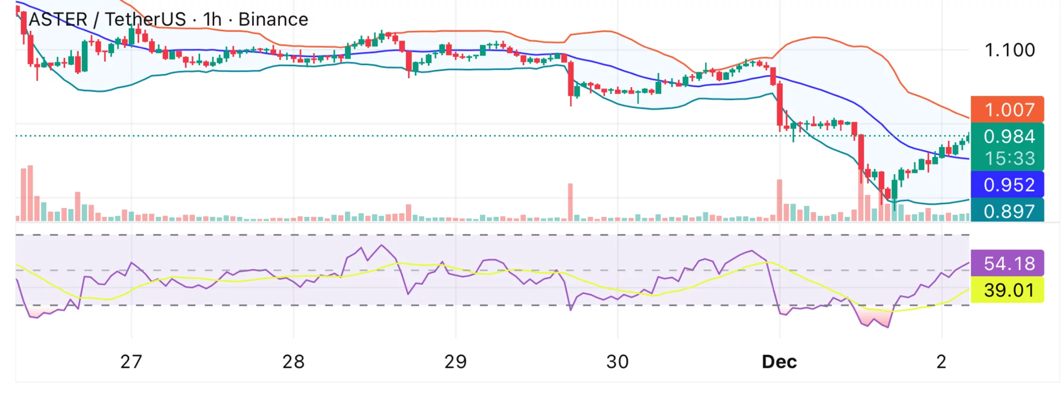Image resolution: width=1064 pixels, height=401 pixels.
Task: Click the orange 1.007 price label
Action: point(1009,110)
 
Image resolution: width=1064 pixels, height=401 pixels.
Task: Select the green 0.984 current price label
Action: point(1009,136)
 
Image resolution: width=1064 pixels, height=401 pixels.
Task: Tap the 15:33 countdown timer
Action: point(1009,158)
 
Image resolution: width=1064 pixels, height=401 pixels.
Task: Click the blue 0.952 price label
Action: point(1009,185)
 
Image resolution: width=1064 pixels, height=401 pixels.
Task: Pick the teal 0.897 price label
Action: point(1009,211)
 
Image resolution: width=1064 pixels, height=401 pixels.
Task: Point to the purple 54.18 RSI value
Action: point(1009,263)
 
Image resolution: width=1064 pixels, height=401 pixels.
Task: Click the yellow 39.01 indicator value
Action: point(1009,290)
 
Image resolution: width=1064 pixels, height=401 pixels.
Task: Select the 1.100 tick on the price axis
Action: point(1010,50)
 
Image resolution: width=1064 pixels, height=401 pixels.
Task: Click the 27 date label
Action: point(131,362)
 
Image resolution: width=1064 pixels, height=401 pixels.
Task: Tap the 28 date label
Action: point(293,362)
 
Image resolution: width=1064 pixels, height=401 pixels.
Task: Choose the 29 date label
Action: point(455,362)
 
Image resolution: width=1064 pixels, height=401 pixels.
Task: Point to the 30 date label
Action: point(617,362)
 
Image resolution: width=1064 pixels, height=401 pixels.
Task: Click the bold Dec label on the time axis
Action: point(779,362)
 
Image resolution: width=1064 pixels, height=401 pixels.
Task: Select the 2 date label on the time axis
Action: point(941,362)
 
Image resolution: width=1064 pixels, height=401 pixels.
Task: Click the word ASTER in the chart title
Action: point(58,20)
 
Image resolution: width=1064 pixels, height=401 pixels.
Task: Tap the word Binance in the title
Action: point(273,20)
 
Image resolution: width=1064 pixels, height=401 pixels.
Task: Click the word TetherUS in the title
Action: point(145,20)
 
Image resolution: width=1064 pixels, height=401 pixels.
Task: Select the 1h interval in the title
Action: point(212,20)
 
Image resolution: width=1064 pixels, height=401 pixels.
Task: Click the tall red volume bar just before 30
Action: point(570,201)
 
